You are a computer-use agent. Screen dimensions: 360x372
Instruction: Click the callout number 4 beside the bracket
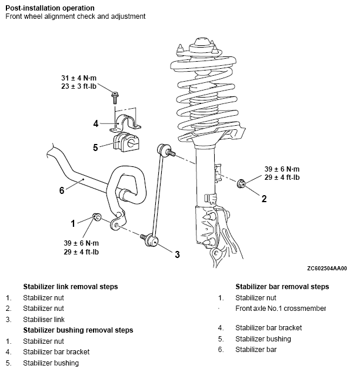point(96,123)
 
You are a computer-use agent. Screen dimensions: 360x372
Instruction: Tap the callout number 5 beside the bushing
point(95,148)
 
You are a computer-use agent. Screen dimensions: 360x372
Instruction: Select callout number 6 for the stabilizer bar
point(62,190)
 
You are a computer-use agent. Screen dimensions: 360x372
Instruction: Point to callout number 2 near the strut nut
point(264,199)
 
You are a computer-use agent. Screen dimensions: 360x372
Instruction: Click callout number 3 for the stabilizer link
point(178,254)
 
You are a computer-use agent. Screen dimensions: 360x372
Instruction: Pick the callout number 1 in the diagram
point(73,223)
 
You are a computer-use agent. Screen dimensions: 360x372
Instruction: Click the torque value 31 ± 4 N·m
point(79,78)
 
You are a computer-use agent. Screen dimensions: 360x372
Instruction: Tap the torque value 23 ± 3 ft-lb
point(79,86)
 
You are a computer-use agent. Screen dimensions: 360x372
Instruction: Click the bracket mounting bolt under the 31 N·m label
point(115,98)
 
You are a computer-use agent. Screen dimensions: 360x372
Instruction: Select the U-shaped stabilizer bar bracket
point(125,123)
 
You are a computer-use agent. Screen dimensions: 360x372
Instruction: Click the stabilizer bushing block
point(126,142)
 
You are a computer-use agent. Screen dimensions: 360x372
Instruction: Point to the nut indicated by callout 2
point(241,183)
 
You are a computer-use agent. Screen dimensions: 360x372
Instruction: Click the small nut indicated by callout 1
point(96,217)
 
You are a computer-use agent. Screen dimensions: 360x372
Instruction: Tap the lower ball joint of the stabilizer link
point(151,240)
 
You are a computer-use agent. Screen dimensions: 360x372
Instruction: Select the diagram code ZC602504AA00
point(326,269)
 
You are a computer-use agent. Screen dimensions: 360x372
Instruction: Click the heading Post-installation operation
point(50,8)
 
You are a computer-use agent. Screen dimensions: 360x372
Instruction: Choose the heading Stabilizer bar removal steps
point(282,287)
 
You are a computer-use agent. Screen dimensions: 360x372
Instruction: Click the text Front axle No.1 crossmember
point(281,309)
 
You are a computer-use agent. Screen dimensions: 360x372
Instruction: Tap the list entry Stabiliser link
point(44,319)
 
